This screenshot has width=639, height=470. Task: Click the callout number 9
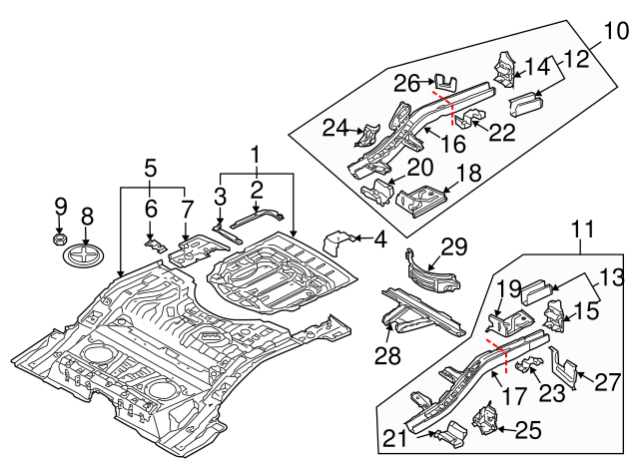(60, 207)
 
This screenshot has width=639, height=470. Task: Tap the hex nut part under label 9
(59, 240)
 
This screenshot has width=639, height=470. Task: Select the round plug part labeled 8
(87, 256)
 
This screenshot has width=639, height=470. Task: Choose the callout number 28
(385, 356)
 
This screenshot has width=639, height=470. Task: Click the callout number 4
(379, 238)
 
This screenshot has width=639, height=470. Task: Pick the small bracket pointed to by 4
(343, 243)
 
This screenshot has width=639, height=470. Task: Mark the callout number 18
(467, 173)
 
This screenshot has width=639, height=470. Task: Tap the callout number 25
(527, 430)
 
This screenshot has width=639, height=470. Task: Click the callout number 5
(151, 166)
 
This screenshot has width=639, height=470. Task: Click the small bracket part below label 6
(153, 242)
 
